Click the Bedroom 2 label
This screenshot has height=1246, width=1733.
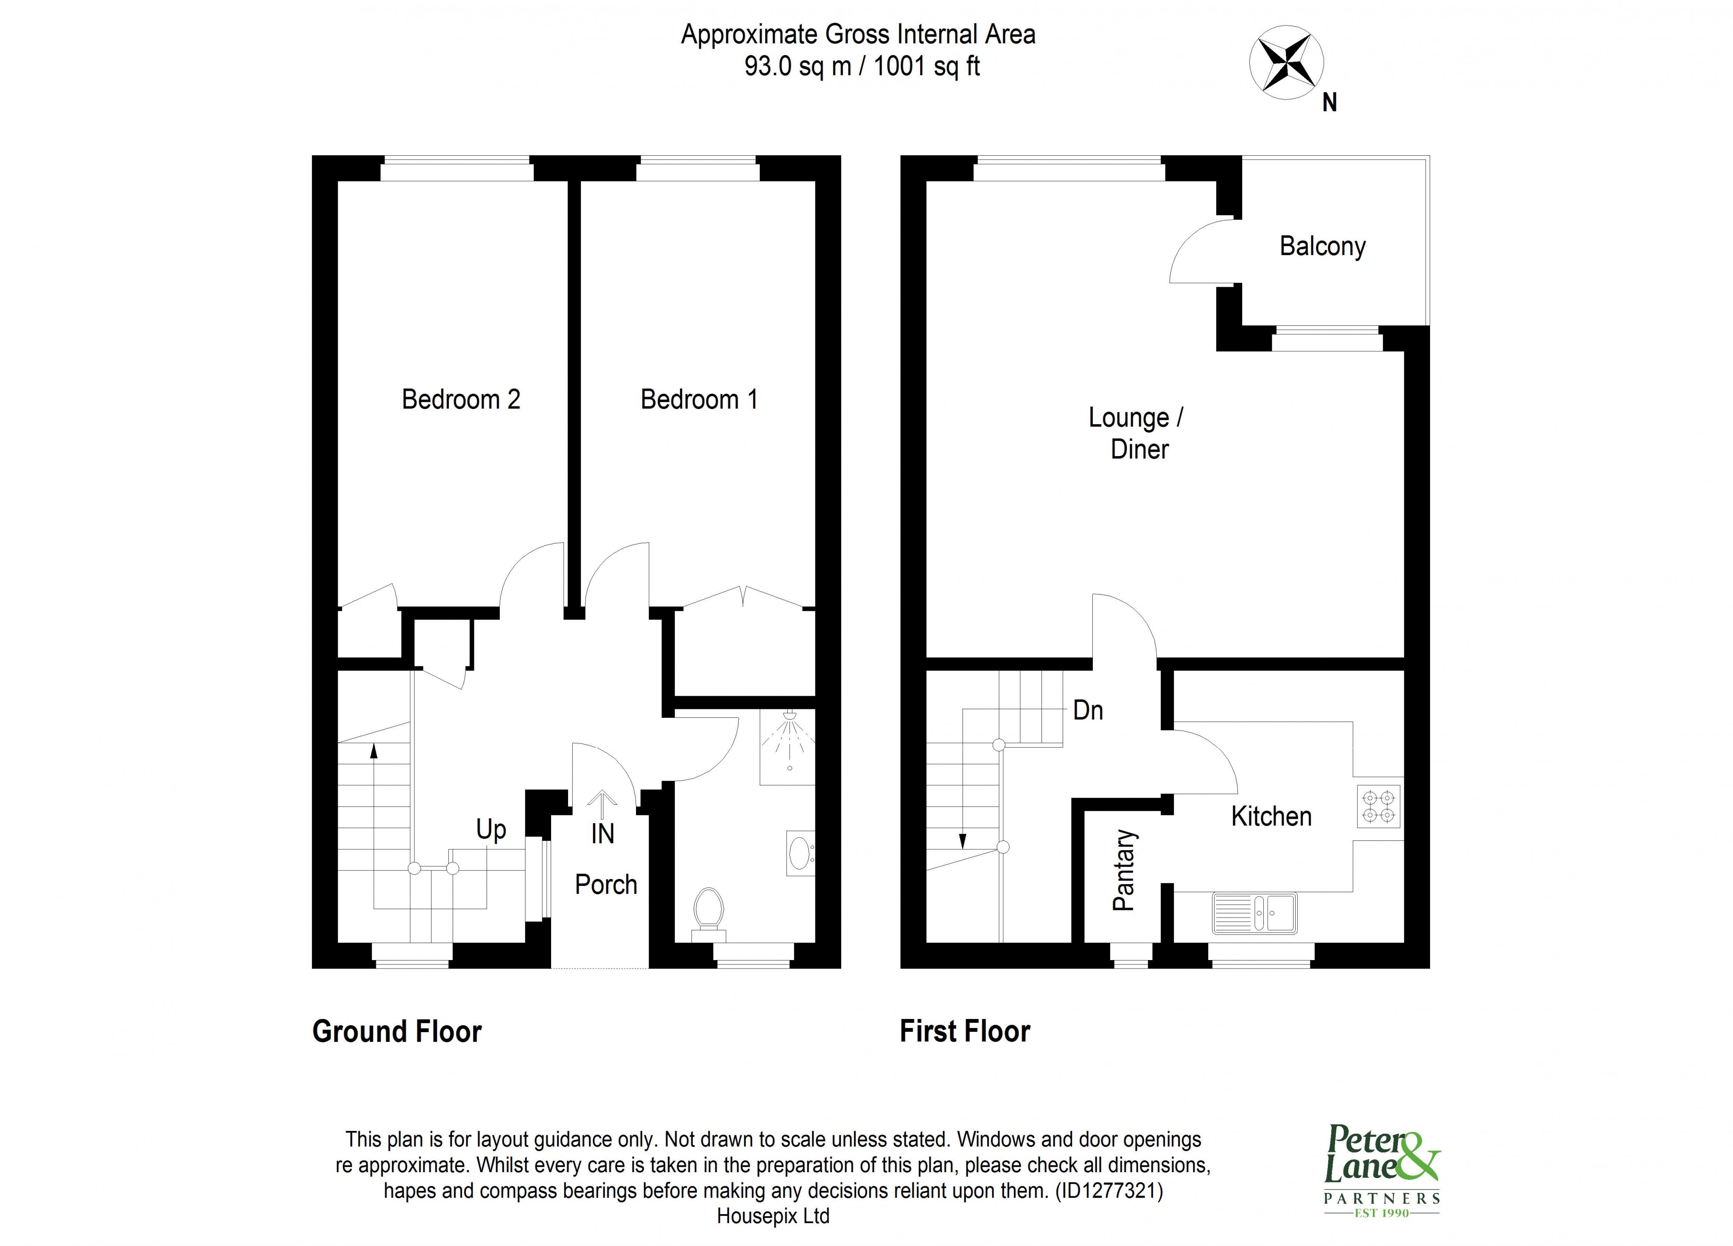[461, 400]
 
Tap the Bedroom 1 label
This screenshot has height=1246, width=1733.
[698, 400]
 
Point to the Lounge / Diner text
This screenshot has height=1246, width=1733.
[1137, 433]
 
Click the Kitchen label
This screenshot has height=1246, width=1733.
[1271, 817]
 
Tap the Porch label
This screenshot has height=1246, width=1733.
[605, 885]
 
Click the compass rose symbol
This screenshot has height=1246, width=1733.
[1286, 63]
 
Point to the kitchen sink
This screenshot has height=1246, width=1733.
[1254, 913]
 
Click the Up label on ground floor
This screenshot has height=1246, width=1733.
[490, 830]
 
